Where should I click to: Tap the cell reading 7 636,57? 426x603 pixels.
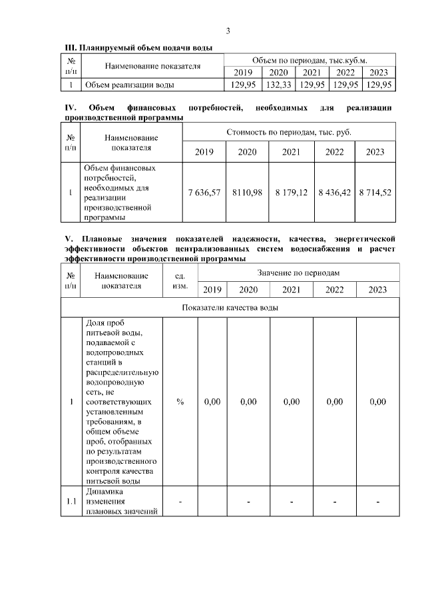pyautogui.click(x=204, y=193)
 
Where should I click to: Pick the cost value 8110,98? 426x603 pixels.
pyautogui.click(x=248, y=193)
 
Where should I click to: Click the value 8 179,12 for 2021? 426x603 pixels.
pyautogui.click(x=291, y=193)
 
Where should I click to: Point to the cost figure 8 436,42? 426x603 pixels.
pyautogui.click(x=334, y=193)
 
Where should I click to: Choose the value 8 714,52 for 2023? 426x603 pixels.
pyautogui.click(x=375, y=193)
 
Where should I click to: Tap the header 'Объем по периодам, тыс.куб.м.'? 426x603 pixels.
pyautogui.click(x=310, y=60)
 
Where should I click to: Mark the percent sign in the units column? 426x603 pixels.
pyautogui.click(x=180, y=402)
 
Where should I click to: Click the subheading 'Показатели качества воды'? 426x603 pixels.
pyautogui.click(x=230, y=308)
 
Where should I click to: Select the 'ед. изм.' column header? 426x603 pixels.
pyautogui.click(x=180, y=281)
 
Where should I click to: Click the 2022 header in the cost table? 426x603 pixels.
pyautogui.click(x=334, y=152)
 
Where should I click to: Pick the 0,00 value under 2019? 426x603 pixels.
pyautogui.click(x=212, y=402)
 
